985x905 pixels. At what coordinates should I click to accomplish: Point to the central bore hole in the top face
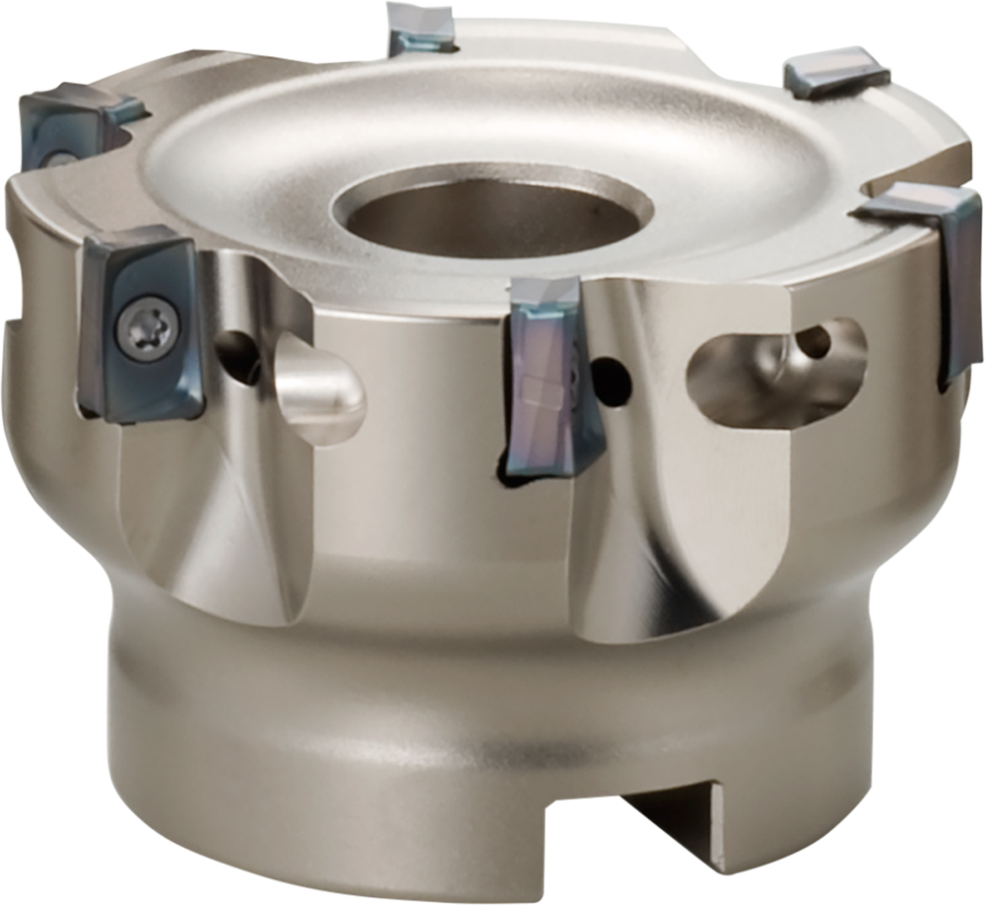(492, 212)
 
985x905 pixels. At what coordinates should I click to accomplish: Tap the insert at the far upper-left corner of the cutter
(69, 123)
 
